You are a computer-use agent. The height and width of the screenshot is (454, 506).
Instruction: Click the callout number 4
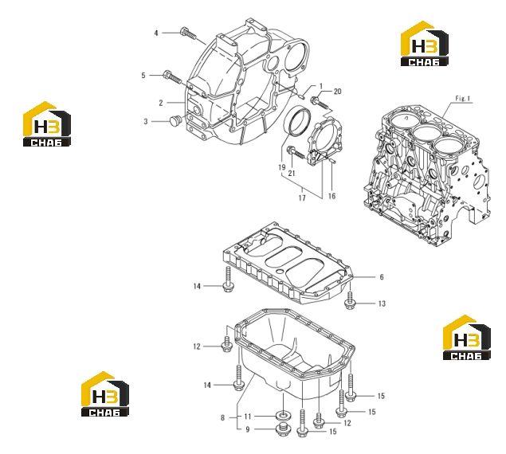pos(156,33)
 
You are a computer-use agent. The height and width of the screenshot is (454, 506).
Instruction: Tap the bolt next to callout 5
pos(172,77)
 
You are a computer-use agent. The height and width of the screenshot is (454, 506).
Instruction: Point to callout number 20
pos(337,92)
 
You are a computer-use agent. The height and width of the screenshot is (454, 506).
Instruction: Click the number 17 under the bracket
pos(302,198)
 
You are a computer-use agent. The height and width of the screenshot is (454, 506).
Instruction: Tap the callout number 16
pos(331,196)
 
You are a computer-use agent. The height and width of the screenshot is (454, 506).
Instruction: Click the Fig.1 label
pos(462,99)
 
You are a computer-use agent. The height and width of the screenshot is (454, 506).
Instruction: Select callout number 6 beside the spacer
pos(382,277)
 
